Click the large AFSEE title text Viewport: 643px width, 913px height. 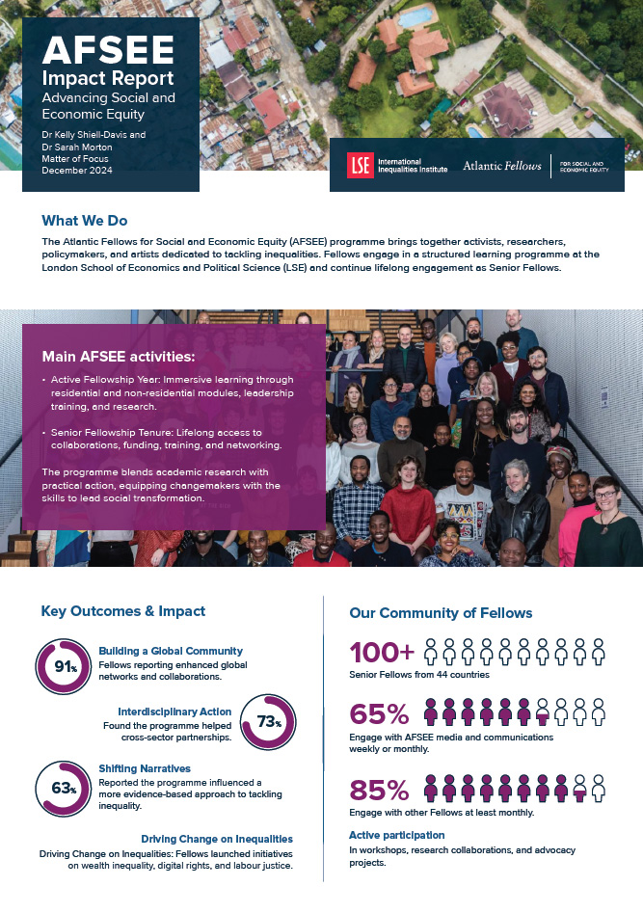coord(94,48)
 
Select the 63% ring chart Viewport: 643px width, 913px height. coord(64,788)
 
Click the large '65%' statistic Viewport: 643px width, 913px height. coord(379,714)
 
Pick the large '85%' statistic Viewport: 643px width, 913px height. coord(380,790)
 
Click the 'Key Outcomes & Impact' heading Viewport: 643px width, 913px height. coord(122,611)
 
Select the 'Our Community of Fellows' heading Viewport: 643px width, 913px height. coord(441,612)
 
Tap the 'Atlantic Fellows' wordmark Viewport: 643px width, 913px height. coord(502,166)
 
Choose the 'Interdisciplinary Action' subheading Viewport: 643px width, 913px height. coord(174,712)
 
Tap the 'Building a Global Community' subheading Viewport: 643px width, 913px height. coord(171,651)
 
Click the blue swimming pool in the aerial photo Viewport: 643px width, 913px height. coord(415,16)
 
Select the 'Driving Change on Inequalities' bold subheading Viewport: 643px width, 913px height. coord(216,839)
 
